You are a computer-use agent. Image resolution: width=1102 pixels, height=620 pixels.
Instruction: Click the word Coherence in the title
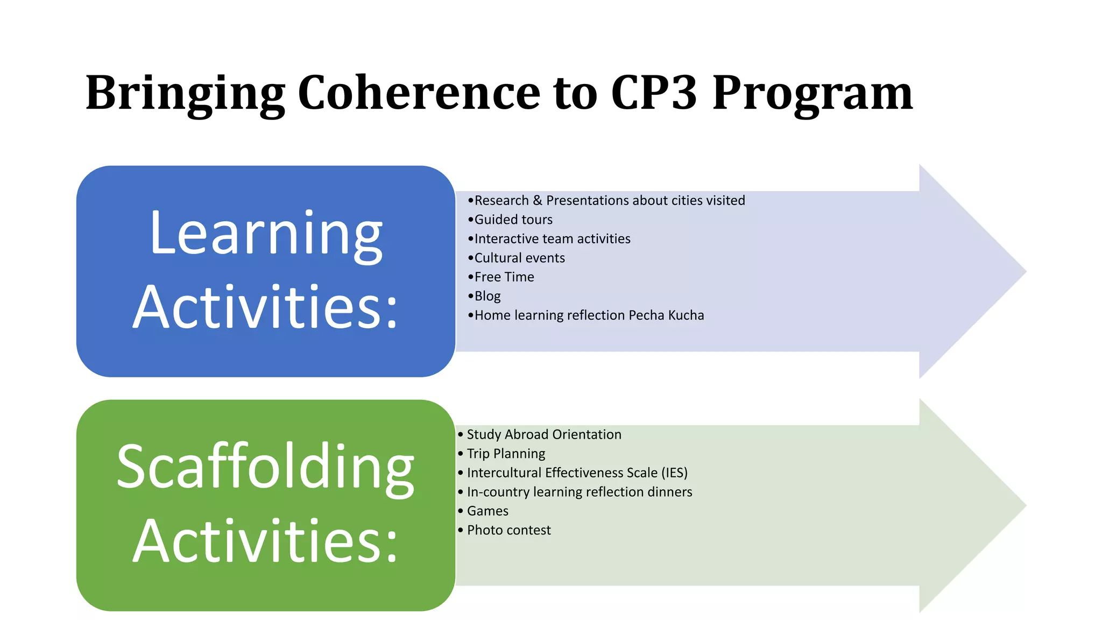[419, 93]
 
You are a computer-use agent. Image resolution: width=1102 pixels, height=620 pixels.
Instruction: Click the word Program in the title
[813, 93]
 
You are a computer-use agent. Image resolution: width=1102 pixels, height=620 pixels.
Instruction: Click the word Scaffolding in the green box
[265, 467]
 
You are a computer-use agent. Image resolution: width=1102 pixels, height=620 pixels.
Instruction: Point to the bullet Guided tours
[513, 220]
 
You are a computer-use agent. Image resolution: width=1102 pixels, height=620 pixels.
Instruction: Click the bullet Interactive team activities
[552, 239]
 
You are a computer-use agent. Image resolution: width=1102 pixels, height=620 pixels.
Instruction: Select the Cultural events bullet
[519, 258]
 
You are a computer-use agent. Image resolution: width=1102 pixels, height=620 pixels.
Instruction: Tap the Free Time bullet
[504, 277]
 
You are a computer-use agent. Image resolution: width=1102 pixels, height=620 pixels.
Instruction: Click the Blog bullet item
[487, 296]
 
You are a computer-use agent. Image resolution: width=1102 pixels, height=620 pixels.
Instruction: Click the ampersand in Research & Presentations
[537, 201]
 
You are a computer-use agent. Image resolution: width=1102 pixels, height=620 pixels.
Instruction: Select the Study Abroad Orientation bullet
[543, 434]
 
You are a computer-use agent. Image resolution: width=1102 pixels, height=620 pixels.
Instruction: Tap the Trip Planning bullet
[506, 454]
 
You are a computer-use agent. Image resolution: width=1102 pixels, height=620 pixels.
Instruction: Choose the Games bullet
[488, 511]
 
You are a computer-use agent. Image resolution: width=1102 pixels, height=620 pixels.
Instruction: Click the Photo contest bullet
[508, 530]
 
